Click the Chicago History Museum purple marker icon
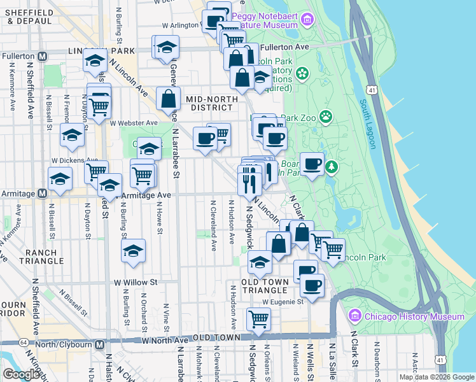[x=355, y=316]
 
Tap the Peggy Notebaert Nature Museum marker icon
[x=308, y=19]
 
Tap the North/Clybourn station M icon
[x=99, y=344]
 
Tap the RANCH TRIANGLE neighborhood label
[x=41, y=257]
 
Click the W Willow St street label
[x=135, y=281]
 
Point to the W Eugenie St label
[x=281, y=301]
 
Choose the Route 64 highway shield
[x=24, y=343]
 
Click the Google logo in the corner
[x=20, y=374]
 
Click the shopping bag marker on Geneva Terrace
[x=168, y=99]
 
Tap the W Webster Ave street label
[x=133, y=123]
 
